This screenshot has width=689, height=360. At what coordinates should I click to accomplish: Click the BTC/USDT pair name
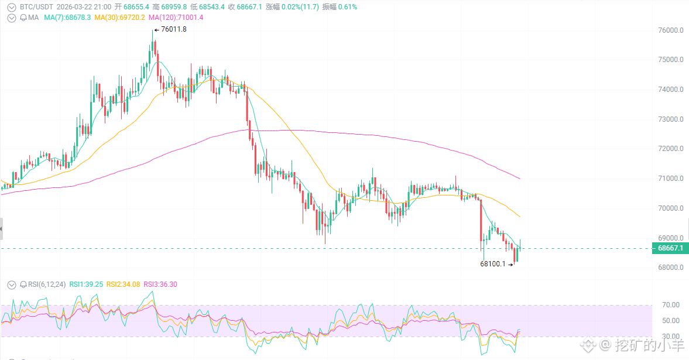point(36,7)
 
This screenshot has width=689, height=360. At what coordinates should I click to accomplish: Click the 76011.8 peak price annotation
point(173,29)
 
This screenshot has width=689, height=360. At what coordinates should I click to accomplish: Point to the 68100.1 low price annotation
point(492,264)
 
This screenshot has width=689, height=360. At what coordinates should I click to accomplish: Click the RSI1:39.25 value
point(87,284)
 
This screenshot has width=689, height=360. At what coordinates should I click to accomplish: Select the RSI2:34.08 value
point(124,284)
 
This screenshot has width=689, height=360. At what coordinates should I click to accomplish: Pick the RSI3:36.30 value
point(160,284)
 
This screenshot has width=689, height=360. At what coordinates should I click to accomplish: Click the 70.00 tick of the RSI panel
point(671,305)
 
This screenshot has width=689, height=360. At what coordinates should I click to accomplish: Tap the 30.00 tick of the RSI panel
point(671,337)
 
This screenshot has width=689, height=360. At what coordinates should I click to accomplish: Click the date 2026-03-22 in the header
point(76,7)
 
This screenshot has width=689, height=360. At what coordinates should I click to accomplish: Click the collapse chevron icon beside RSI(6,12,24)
point(12,284)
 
